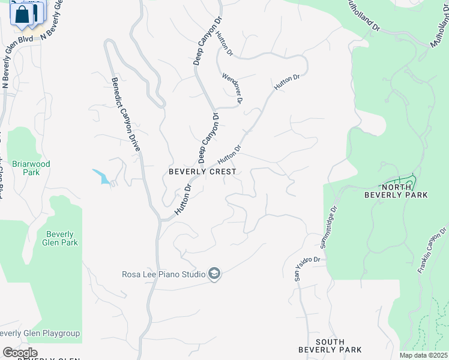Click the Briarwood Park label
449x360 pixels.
[x=32, y=168]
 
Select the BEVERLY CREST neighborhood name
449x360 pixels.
[x=202, y=172]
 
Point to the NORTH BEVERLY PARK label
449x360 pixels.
[x=396, y=191]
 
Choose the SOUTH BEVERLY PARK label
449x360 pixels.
[x=331, y=346]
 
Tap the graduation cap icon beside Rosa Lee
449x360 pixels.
[x=214, y=275]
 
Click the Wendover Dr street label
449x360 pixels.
[x=232, y=88]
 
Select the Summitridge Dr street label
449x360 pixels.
[x=329, y=227]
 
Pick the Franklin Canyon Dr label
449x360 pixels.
[x=433, y=250]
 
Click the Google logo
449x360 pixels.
[x=20, y=353]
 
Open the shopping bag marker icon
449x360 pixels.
[x=22, y=14]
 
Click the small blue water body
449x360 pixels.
[x=100, y=176]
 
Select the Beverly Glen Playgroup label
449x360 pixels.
[x=40, y=334]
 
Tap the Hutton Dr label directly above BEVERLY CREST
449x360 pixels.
[x=229, y=156]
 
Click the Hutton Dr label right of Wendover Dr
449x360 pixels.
[x=287, y=83]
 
